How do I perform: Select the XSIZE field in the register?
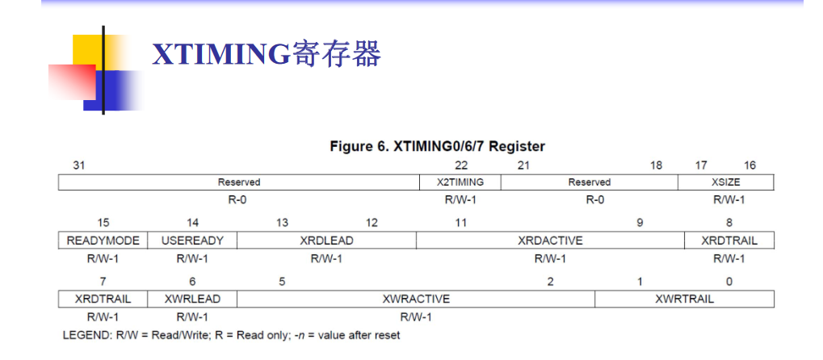[729, 182]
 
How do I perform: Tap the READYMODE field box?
[103, 241]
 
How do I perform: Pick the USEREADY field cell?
[192, 241]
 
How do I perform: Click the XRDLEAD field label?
[326, 241]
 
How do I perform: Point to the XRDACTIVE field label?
[550, 241]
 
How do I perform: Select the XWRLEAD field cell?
[192, 299]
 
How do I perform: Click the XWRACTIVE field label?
[416, 299]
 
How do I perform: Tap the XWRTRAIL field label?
[684, 299]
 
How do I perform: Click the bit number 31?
[78, 165]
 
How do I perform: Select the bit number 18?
[656, 165]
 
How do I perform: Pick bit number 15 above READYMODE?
[103, 223]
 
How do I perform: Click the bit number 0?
[729, 281]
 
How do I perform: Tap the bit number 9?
[640, 223]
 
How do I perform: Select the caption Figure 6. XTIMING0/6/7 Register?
[438, 147]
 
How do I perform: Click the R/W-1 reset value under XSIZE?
[729, 200]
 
